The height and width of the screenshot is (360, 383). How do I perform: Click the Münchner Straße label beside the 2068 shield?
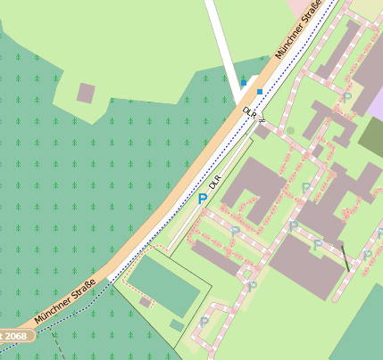(x=64, y=303)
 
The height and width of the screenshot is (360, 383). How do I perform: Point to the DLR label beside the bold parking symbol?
(x=214, y=184)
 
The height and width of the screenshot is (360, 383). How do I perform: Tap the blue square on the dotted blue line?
(x=260, y=91)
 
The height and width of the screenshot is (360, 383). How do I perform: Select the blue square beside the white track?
(x=243, y=84)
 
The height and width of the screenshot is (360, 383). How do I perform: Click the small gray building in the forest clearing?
(x=86, y=92)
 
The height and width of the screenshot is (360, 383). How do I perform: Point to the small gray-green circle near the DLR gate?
(x=289, y=131)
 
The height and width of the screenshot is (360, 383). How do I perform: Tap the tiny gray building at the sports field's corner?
(x=145, y=302)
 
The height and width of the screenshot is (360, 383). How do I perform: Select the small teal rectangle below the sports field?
(x=177, y=326)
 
